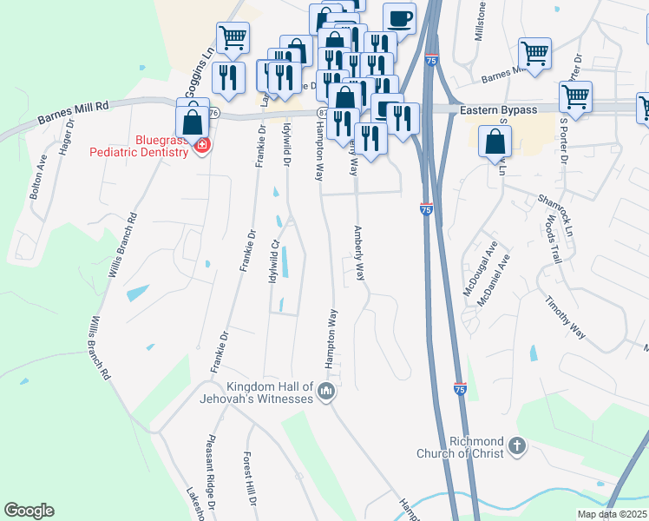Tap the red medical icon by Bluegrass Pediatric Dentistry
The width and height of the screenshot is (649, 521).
(202, 144)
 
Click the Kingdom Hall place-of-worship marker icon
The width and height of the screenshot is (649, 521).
(326, 392)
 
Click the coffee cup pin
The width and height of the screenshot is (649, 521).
(399, 19)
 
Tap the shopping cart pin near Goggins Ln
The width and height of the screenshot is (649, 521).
(233, 38)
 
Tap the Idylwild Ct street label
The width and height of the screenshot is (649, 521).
(275, 249)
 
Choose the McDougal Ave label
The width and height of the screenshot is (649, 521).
(479, 271)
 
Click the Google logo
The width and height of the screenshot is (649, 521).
(29, 511)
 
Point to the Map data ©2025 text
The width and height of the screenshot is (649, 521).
(611, 514)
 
